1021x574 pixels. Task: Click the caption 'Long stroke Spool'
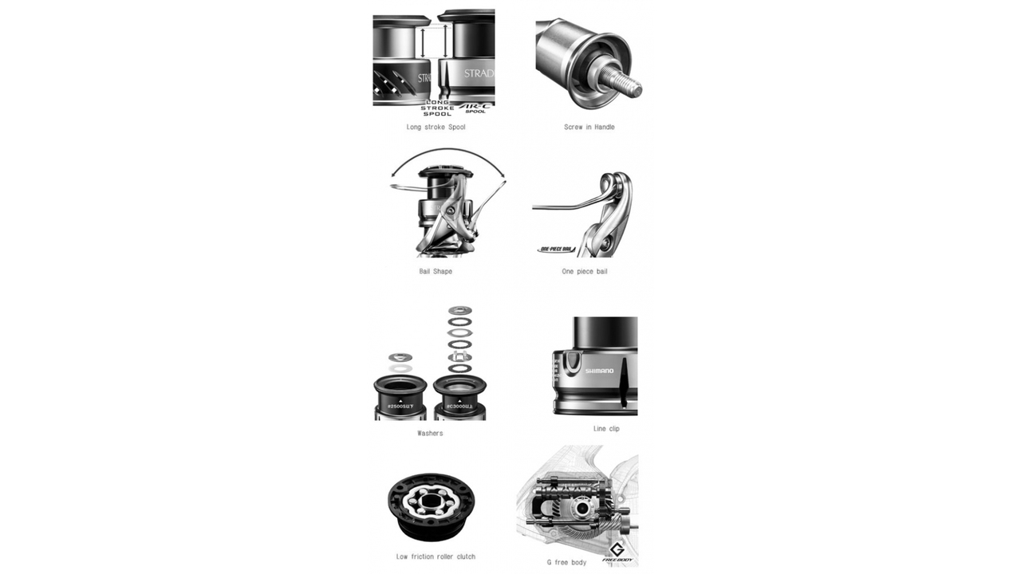coord(436,127)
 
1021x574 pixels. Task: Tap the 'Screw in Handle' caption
coord(589,127)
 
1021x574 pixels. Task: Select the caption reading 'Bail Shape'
coord(436,271)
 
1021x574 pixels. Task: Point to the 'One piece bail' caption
coord(584,271)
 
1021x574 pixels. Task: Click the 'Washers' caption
coord(430,433)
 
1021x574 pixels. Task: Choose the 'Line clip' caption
coord(606,428)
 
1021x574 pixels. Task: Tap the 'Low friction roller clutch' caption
coord(436,556)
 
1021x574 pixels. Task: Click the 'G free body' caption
coord(566,562)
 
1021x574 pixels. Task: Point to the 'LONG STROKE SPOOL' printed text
coord(438,108)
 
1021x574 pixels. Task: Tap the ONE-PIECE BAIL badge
coord(556,250)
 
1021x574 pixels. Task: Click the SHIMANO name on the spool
coord(599,371)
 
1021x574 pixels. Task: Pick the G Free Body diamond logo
coord(617,551)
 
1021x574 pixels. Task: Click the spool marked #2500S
coord(400,398)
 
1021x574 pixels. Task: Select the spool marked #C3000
coord(459,398)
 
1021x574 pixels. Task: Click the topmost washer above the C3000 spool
coord(459,310)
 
